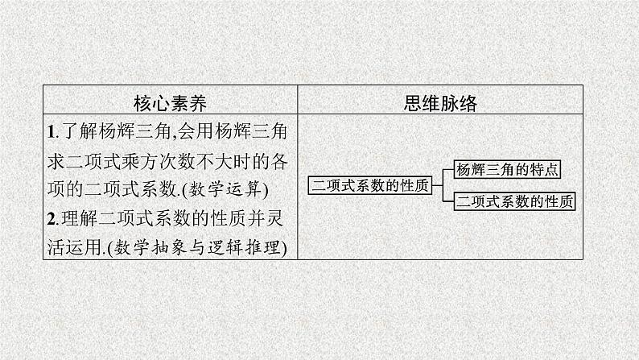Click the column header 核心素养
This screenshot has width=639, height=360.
170,103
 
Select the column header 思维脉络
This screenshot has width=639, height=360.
438,103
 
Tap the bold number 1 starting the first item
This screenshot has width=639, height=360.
50,130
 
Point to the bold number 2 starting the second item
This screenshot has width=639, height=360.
50,219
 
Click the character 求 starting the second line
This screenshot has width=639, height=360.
56,160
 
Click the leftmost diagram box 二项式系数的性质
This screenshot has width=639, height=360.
370,185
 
